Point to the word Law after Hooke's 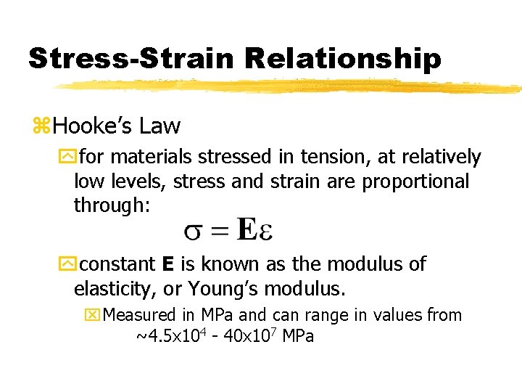[160, 126]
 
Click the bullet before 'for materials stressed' [80, 158]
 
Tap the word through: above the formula [112, 205]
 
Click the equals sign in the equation [221, 232]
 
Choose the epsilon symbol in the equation [266, 233]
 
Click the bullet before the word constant [80, 264]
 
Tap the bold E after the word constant [167, 264]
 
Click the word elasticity [115, 289]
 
